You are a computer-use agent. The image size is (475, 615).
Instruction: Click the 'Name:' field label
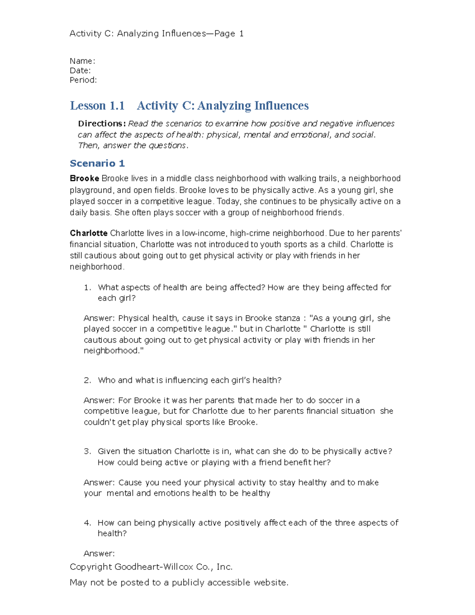[x=82, y=61]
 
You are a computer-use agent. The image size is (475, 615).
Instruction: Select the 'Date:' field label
[x=80, y=70]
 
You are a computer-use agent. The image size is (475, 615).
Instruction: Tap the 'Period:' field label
[x=83, y=80]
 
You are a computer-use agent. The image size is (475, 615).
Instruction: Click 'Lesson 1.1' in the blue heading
[x=97, y=106]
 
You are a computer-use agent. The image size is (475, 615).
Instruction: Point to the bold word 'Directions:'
[x=102, y=124]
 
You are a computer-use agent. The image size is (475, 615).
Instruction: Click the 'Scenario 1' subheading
[x=97, y=163]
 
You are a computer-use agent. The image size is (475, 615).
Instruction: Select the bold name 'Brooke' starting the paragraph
[x=84, y=178]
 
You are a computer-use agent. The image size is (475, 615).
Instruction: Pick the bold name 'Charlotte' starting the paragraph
[x=88, y=233]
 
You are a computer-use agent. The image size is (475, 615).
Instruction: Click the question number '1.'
[x=87, y=288]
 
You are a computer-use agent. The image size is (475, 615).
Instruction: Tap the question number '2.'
[x=87, y=380]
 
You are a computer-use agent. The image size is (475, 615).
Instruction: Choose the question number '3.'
[x=87, y=451]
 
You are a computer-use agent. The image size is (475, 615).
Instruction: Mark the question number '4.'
[x=87, y=523]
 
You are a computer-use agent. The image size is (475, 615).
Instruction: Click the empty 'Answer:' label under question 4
[x=99, y=554]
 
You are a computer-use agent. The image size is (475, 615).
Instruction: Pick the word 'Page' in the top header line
[x=224, y=34]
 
